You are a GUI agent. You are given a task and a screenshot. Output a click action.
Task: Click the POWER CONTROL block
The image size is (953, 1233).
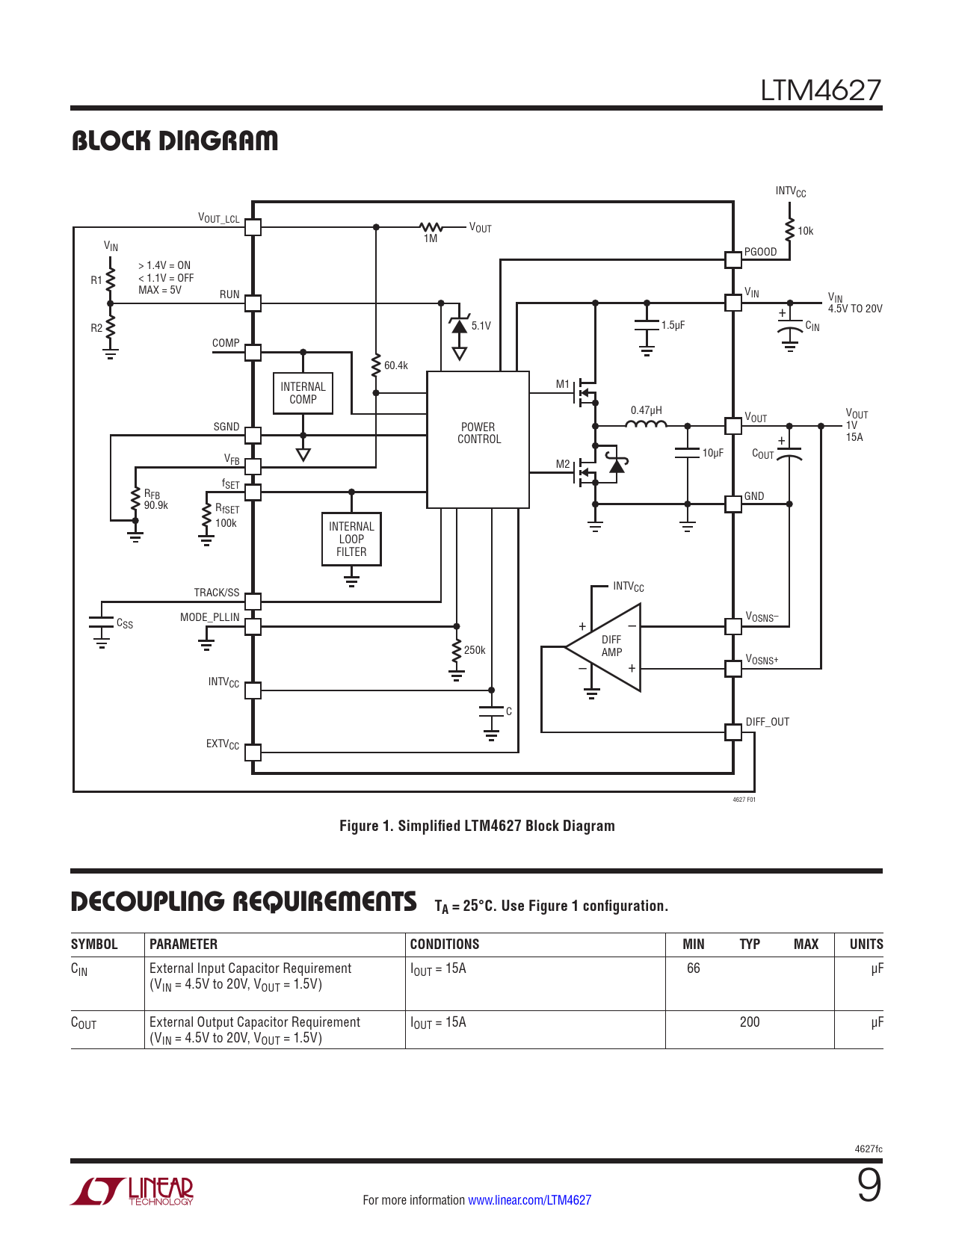(478, 439)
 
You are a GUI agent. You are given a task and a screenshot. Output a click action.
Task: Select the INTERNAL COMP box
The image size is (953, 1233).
(303, 393)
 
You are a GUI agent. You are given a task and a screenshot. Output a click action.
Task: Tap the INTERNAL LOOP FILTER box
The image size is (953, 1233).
(351, 539)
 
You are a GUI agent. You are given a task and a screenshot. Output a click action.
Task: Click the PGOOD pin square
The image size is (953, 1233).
(733, 259)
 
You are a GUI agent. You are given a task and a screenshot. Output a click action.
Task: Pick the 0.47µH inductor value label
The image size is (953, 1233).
(646, 410)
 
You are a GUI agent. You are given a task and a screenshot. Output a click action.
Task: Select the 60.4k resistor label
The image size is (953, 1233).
(396, 365)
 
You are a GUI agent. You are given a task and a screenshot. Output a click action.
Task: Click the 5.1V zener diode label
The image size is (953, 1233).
(481, 326)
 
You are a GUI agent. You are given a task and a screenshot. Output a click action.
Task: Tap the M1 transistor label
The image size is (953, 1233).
(563, 384)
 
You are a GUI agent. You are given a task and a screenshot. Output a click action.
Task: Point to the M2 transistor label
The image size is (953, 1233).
(563, 464)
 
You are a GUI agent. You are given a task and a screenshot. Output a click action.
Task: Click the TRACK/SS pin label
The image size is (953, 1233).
(217, 593)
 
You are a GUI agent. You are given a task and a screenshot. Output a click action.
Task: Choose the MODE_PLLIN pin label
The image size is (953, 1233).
(210, 617)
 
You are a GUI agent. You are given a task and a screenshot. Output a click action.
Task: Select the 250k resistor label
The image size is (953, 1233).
(475, 650)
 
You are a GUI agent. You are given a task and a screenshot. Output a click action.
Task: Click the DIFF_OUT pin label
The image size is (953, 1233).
(768, 722)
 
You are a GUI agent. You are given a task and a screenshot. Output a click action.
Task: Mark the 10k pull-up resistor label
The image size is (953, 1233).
(805, 231)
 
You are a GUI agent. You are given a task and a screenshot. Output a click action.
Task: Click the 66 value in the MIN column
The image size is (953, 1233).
(694, 968)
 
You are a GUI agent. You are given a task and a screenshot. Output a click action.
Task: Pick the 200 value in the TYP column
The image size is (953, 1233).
(750, 1022)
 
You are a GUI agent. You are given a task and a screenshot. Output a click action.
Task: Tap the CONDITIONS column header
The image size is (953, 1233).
(445, 945)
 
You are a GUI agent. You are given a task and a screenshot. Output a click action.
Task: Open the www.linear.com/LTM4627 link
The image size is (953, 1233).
(529, 1200)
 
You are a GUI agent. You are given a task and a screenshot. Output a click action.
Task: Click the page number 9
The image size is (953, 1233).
(869, 1186)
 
